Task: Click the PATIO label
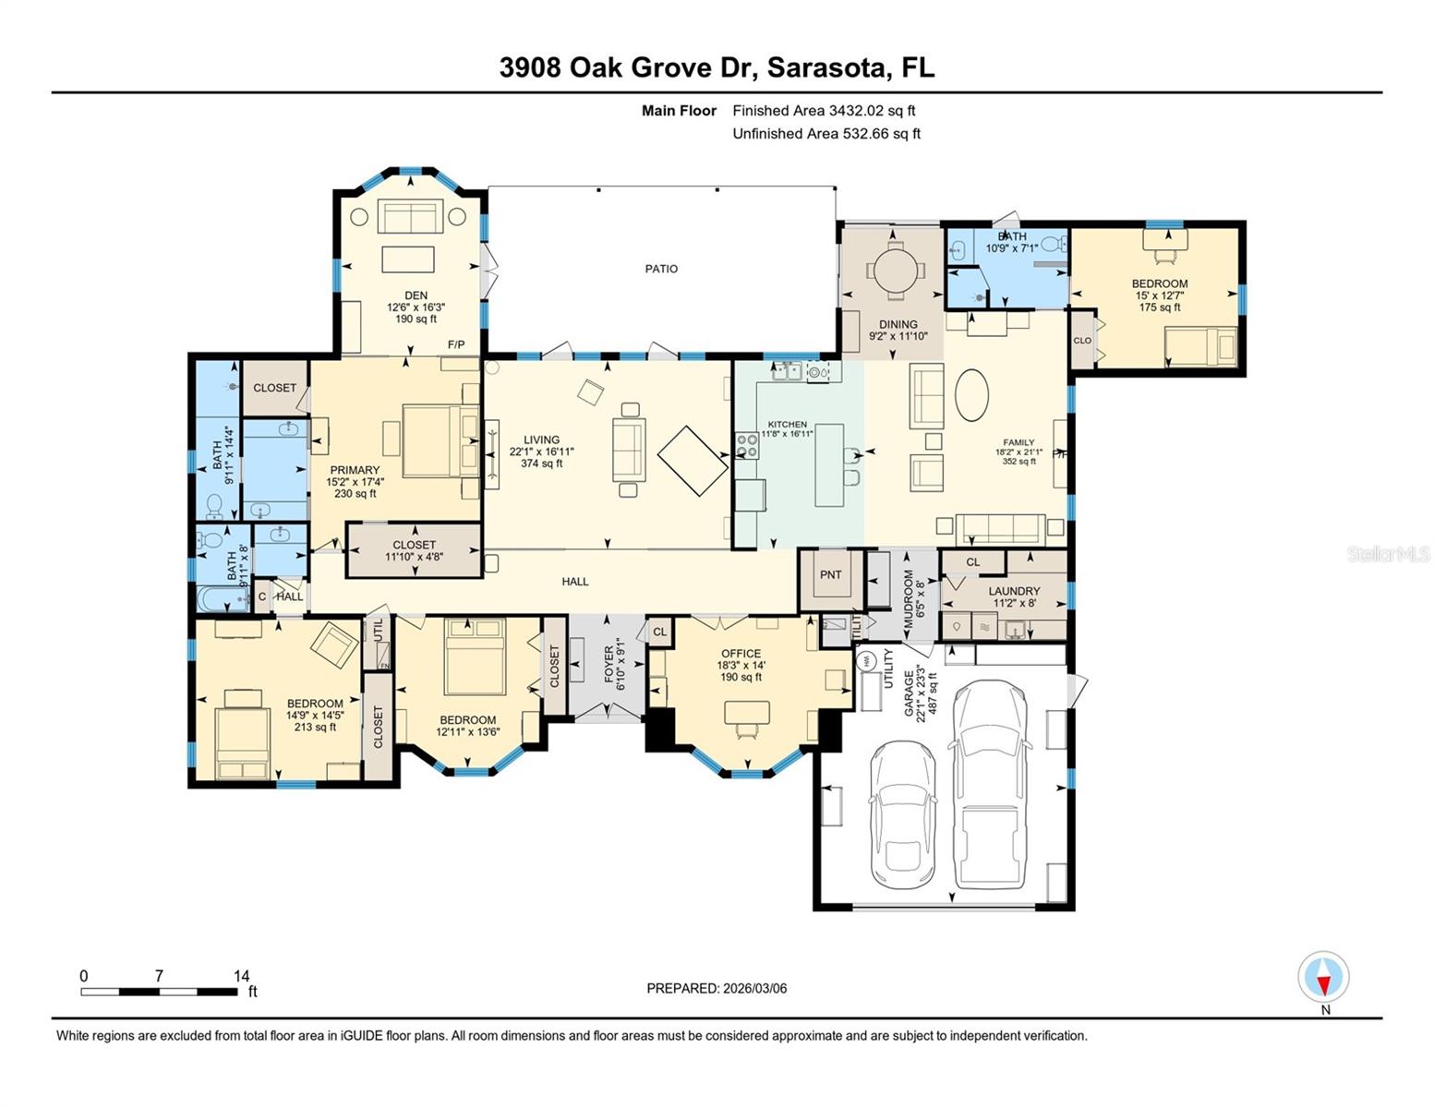point(661,269)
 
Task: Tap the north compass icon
point(1323,977)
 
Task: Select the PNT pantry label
point(830,574)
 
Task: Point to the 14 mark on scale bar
point(241,976)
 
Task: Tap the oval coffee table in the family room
point(971,395)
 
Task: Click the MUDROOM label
point(908,598)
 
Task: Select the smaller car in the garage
point(902,813)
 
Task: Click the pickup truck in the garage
point(989,785)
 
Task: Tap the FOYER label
point(609,667)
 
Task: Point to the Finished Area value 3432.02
point(857,111)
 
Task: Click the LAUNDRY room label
point(1013,591)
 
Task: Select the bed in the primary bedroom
point(430,442)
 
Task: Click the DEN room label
point(416,295)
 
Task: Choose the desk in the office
point(746,713)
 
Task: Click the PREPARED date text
point(717,988)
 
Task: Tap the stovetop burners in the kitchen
point(746,446)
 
